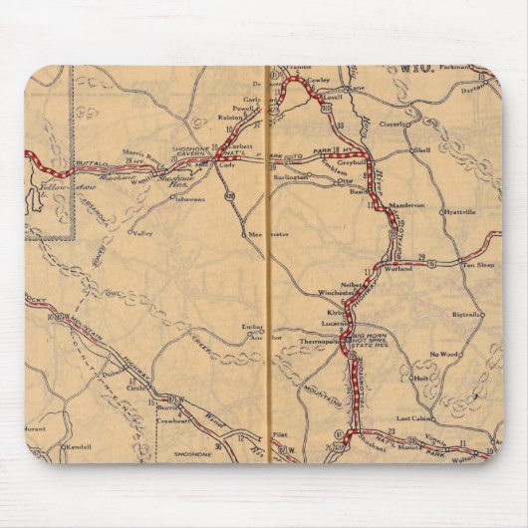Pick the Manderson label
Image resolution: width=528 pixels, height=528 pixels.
(405, 204)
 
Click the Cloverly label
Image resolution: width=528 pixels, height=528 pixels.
(396, 126)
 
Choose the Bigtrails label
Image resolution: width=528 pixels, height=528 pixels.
(466, 314)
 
